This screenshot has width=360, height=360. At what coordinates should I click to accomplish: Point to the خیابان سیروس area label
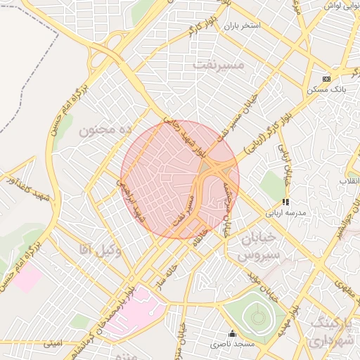click(x=259, y=247)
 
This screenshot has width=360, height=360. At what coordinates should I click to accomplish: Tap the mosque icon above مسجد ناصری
click(x=233, y=333)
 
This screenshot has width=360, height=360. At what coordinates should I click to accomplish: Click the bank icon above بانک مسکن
click(x=326, y=79)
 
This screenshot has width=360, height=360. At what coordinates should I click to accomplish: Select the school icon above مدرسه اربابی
click(x=285, y=201)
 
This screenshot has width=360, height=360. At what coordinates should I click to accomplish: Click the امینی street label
click(x=53, y=344)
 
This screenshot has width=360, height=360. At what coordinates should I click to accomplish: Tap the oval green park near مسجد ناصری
click(x=255, y=317)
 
